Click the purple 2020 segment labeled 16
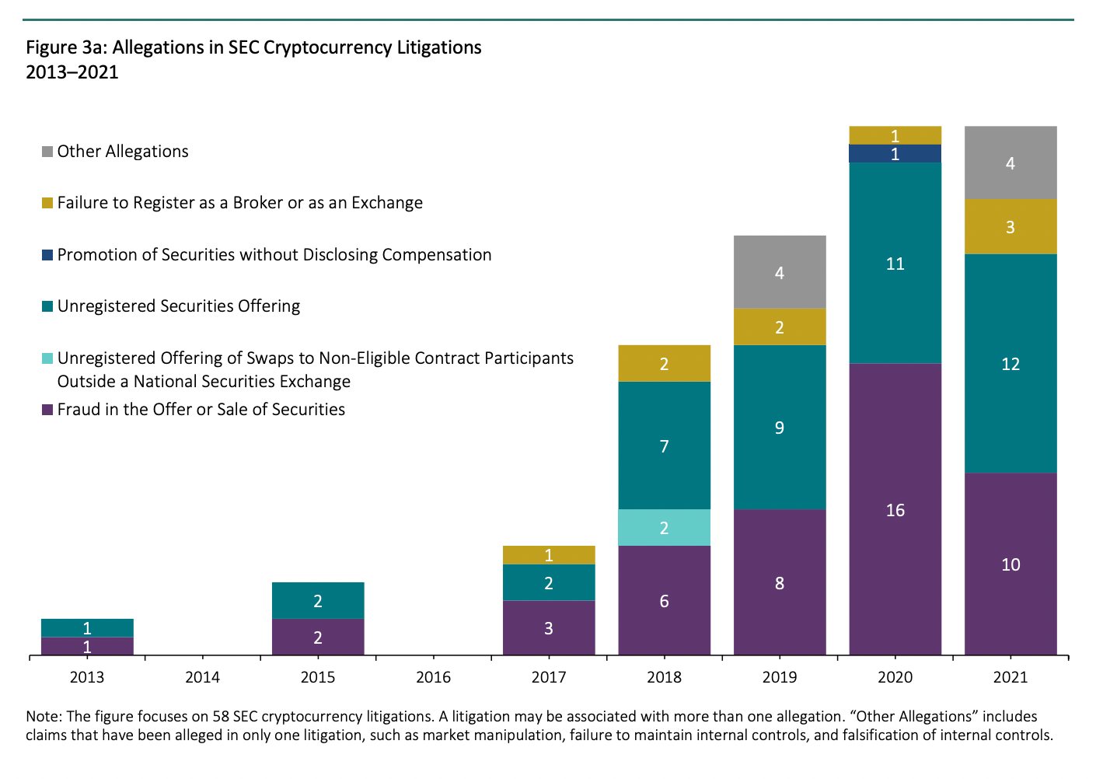coord(895,509)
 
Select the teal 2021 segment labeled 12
coord(1010,363)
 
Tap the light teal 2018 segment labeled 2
coord(664,528)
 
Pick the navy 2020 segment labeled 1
coord(895,154)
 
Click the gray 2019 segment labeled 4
coord(780,272)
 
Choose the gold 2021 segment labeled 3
coord(1010,227)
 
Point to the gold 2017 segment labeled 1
coord(549,555)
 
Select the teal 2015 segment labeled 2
coord(318,600)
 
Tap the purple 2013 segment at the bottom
coord(87,646)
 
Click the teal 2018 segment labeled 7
coord(664,445)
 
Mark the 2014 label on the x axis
coord(202,677)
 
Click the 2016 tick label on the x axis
coord(433,677)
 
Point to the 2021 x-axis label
coord(1010,677)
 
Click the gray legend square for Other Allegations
coord(47,152)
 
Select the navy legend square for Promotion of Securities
coord(47,255)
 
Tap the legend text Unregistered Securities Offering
coord(179,306)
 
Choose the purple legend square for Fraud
coord(47,410)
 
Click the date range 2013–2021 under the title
coord(72,73)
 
